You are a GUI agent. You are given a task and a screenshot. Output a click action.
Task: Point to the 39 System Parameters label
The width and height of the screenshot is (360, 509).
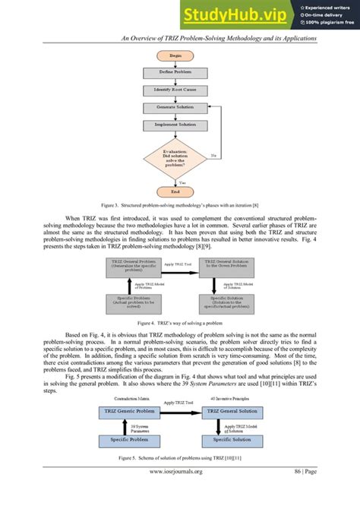coord(137,426)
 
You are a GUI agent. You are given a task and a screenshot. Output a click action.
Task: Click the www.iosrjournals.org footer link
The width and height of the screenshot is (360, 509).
coord(175,492)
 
